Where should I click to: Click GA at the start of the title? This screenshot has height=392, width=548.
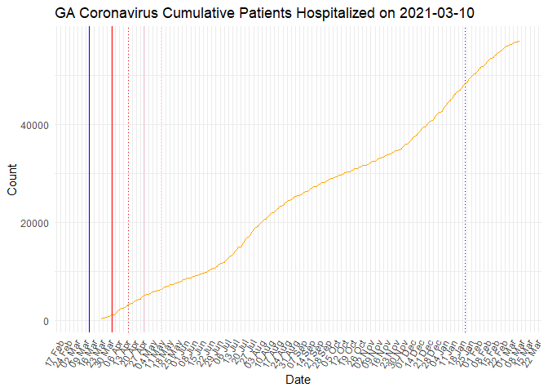pyautogui.click(x=66, y=14)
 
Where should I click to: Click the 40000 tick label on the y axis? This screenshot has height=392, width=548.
pyautogui.click(x=35, y=125)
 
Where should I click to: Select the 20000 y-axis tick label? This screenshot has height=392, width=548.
pyautogui.click(x=35, y=223)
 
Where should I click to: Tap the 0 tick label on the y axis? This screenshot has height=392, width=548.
pyautogui.click(x=46, y=321)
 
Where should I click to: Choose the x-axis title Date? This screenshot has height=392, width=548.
pyautogui.click(x=297, y=380)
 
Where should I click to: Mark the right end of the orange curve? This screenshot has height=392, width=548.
pyautogui.click(x=519, y=41)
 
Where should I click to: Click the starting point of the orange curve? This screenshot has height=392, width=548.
pyautogui.click(x=101, y=319)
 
